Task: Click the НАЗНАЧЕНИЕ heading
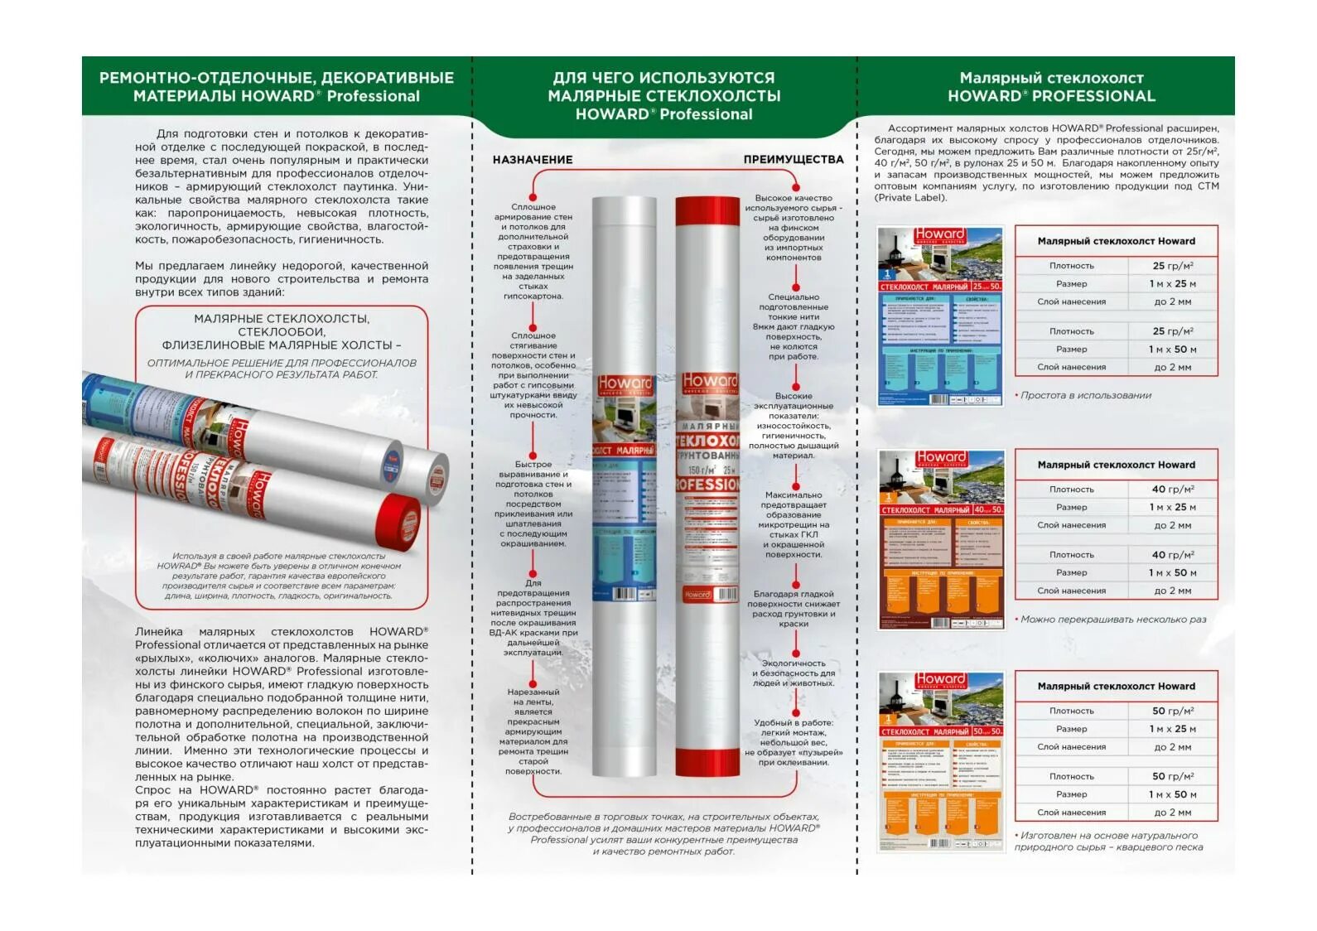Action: pos(533,160)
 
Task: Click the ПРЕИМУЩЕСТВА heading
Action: pos(793,160)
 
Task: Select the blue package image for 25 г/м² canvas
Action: pos(940,316)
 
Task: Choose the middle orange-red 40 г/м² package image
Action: pos(941,539)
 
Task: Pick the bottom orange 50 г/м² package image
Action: pos(941,761)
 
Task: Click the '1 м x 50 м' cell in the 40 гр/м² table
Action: pos(1172,573)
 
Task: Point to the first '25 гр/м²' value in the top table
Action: pos(1172,266)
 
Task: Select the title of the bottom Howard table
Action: pos(1116,687)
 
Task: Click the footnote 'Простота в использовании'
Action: pos(1085,396)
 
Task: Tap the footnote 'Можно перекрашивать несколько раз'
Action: pos(1112,620)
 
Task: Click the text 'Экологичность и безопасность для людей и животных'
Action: pos(793,673)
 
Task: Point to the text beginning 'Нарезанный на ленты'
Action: pos(533,731)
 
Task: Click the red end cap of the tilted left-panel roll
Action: pos(398,521)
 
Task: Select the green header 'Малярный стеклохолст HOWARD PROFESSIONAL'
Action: pos(1050,87)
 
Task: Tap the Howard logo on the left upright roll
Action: pos(625,383)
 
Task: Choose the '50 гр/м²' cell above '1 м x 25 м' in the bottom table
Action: pos(1172,711)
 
